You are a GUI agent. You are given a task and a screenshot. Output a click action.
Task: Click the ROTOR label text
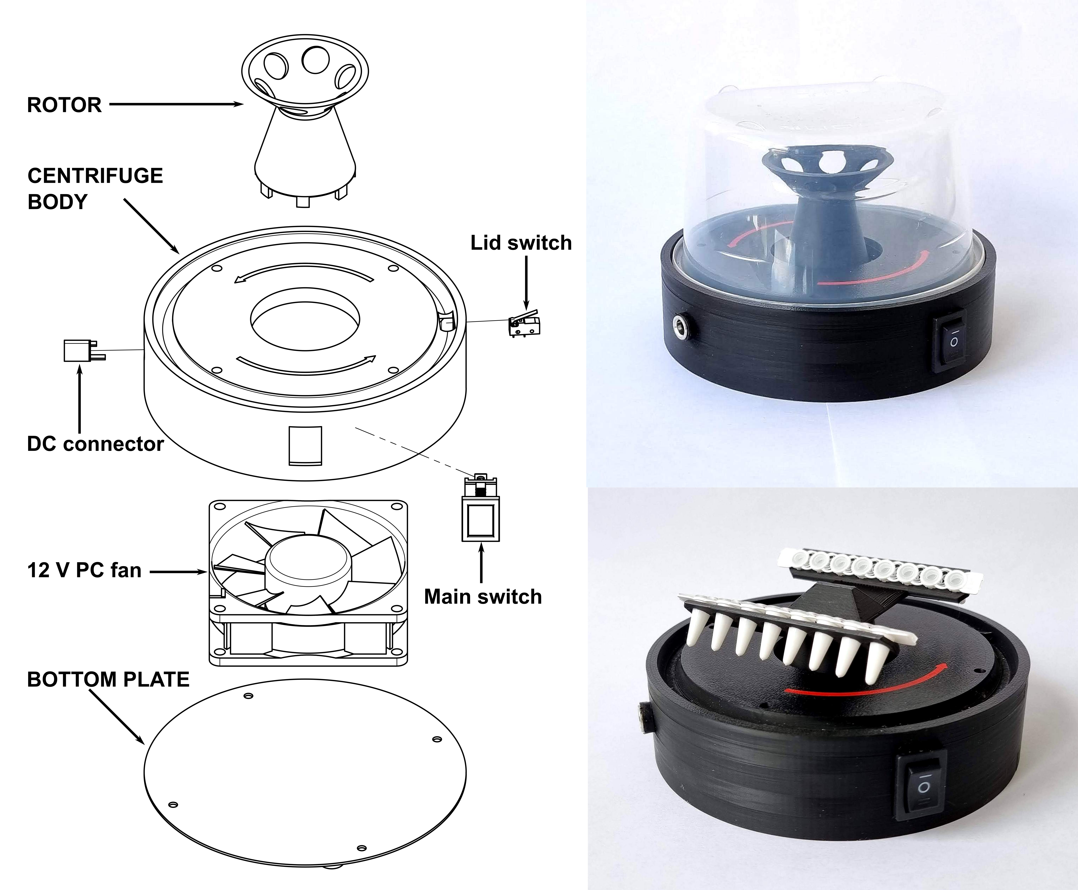coord(64,105)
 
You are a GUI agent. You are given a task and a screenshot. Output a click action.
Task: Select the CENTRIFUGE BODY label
coord(95,188)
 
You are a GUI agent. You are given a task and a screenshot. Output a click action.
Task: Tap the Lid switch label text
coord(520,243)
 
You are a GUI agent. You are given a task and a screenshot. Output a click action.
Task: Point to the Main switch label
coord(482,597)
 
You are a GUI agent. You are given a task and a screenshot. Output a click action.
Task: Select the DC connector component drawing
coord(82,351)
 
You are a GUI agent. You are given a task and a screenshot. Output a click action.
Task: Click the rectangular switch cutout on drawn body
coord(305,445)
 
